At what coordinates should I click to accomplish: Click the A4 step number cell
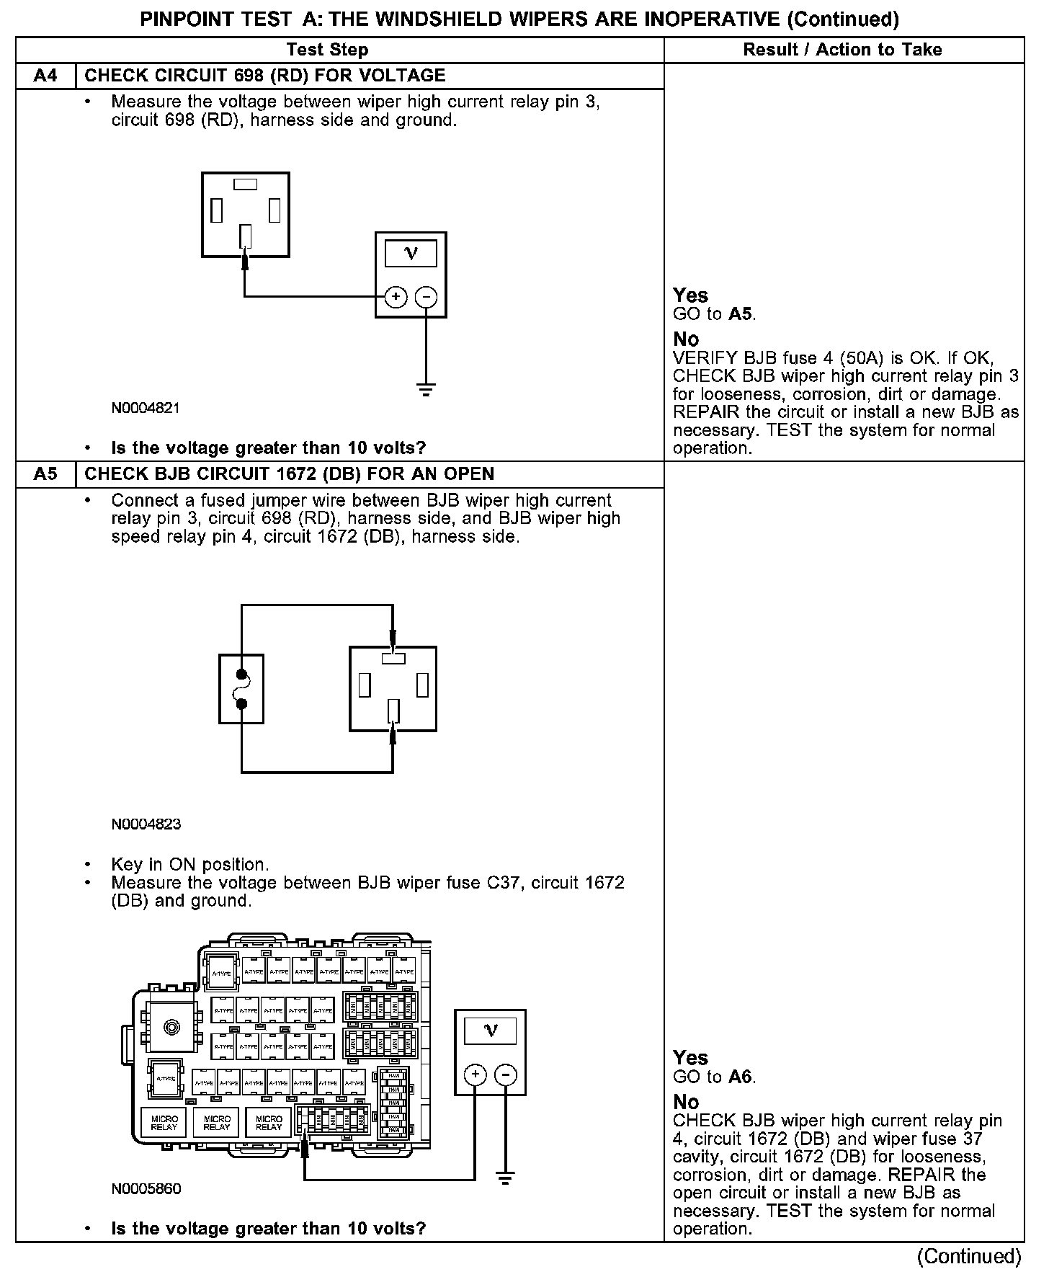tap(45, 76)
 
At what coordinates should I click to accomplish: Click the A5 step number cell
tap(45, 474)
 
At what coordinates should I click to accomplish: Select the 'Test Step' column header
tap(327, 50)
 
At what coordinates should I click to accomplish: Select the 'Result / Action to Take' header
tap(842, 50)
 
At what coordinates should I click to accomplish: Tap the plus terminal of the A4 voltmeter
tap(396, 296)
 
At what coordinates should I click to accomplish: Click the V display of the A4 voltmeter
tap(411, 253)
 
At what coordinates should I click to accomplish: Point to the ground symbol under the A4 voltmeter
tap(426, 391)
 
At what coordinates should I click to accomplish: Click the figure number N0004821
tap(146, 408)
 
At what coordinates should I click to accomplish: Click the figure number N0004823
tap(146, 824)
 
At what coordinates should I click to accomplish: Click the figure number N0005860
tap(146, 1189)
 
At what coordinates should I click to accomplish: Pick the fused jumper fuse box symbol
tap(241, 688)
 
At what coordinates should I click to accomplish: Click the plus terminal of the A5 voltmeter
tap(475, 1074)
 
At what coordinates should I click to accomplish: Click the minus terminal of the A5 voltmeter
tap(506, 1074)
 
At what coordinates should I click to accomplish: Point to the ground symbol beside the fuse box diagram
tap(506, 1180)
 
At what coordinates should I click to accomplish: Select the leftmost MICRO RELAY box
tap(164, 1123)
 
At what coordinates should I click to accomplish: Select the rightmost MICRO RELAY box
tap(269, 1123)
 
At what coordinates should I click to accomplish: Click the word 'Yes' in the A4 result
tap(690, 295)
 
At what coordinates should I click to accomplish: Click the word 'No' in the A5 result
tap(686, 1102)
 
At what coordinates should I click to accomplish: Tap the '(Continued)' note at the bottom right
tap(968, 1255)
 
